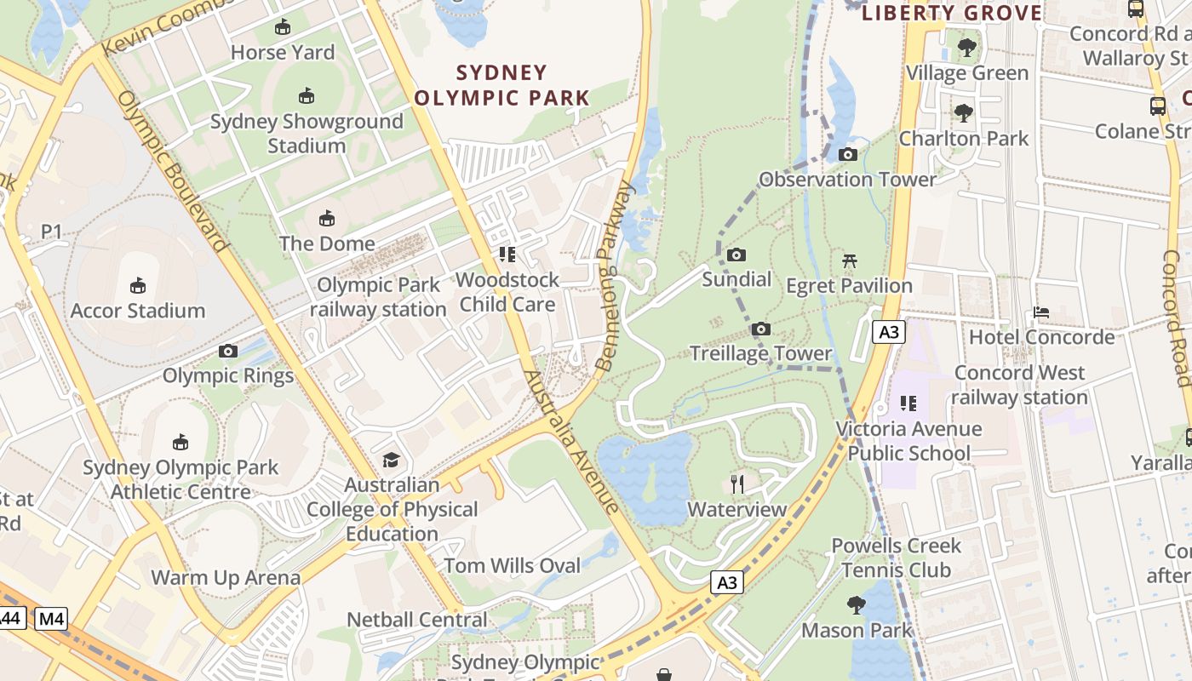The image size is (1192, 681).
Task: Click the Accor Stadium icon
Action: tap(137, 285)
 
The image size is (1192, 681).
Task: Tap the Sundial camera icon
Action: tap(736, 255)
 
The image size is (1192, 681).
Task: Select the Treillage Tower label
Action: tap(760, 353)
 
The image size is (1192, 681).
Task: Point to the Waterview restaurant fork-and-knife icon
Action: tap(737, 484)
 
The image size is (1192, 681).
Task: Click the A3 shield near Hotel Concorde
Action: tap(888, 332)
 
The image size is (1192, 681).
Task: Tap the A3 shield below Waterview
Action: tap(726, 583)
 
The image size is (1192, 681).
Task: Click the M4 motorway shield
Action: tap(51, 619)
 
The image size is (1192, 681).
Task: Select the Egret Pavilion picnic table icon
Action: tap(849, 260)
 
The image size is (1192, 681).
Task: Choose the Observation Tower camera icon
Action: tap(847, 154)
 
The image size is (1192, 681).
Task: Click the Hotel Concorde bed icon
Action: tap(1041, 312)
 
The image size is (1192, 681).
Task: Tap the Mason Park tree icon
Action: tap(857, 605)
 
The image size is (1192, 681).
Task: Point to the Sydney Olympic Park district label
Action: tap(501, 85)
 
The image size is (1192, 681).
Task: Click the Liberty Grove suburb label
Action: tap(952, 13)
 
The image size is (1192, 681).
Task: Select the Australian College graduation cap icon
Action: tap(391, 460)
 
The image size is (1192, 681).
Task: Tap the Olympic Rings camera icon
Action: tap(227, 351)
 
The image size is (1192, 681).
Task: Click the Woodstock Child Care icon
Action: tap(507, 255)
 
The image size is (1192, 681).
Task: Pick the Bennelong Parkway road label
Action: tap(616, 277)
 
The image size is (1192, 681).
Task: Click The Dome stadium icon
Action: tap(326, 219)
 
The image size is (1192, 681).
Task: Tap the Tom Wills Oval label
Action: tap(512, 565)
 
